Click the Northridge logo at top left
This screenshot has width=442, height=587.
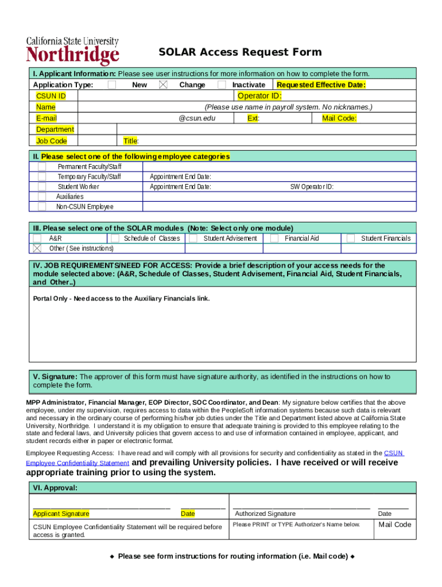click(x=72, y=52)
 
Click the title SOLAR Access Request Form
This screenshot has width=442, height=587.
click(x=240, y=53)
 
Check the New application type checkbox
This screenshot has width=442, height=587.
click(x=112, y=85)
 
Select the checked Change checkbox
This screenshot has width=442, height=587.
click(x=163, y=85)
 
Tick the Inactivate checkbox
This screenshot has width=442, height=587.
click(x=222, y=85)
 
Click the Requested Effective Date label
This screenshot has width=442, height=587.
click(x=321, y=85)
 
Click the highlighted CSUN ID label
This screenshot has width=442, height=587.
click(x=51, y=96)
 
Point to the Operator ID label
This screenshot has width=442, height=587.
click(x=259, y=96)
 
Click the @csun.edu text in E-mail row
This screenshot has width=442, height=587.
click(x=197, y=118)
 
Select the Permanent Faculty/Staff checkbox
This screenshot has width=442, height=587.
click(x=42, y=166)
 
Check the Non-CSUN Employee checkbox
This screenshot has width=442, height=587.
click(x=42, y=206)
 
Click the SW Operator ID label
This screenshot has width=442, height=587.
click(x=312, y=187)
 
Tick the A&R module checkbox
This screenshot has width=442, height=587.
click(x=37, y=238)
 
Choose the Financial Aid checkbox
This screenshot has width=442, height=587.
click(x=274, y=238)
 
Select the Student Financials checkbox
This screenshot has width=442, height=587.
click(x=350, y=238)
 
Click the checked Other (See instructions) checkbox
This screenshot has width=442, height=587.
click(x=37, y=248)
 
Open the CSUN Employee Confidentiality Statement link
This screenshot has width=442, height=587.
click(x=77, y=463)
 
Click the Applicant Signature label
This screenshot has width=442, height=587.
click(x=61, y=514)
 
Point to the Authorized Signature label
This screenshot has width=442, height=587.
click(x=265, y=514)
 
